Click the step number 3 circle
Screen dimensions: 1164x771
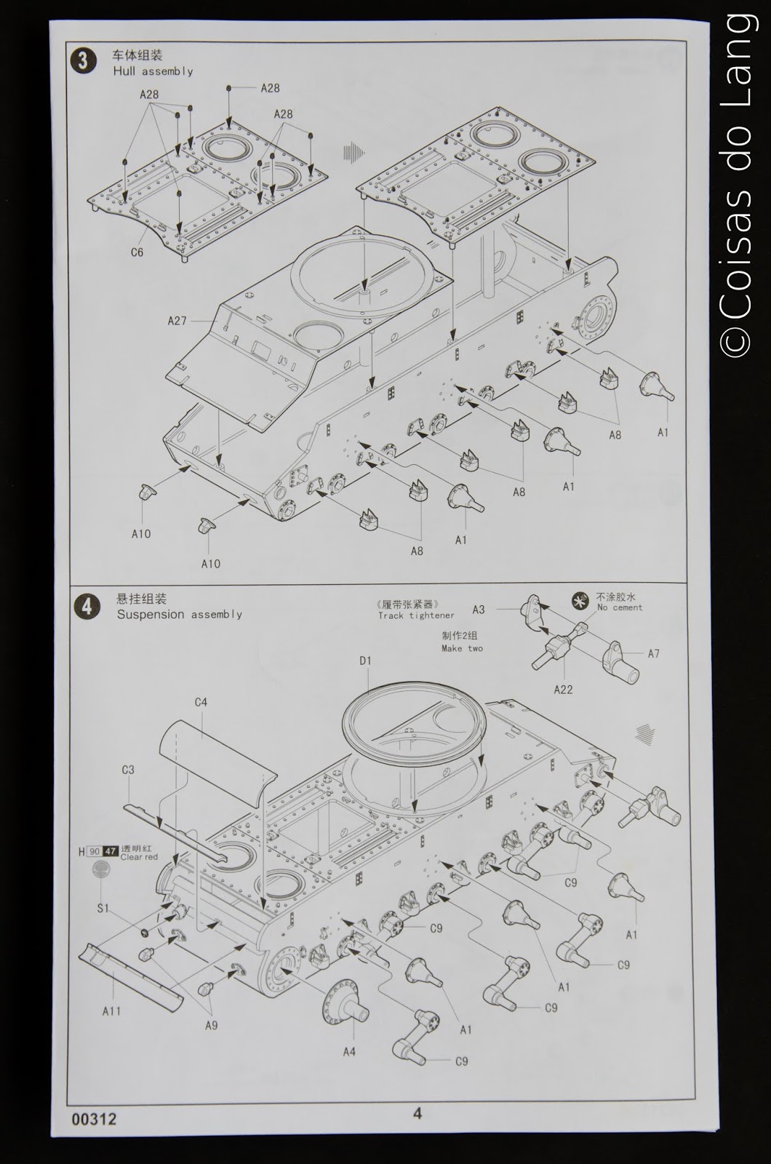click(x=83, y=61)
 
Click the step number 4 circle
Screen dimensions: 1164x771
click(x=87, y=606)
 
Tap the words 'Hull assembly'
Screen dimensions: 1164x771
click(x=153, y=71)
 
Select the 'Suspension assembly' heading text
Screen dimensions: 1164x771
click(x=179, y=615)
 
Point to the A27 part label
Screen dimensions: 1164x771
click(x=177, y=321)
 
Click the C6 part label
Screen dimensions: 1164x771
click(x=137, y=252)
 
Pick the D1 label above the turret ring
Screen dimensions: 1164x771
click(x=365, y=661)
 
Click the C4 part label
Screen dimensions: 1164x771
click(x=201, y=702)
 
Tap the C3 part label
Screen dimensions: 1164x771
click(x=128, y=770)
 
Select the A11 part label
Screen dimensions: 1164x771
click(x=111, y=1011)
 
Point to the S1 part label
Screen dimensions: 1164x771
click(x=103, y=908)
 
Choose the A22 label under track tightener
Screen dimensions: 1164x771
click(x=563, y=690)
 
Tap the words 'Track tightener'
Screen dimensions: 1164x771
click(x=415, y=615)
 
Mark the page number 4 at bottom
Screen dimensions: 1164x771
click(x=417, y=1113)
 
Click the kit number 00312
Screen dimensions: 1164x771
click(x=94, y=1120)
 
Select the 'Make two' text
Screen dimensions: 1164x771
click(x=462, y=648)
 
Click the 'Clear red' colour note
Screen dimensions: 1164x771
click(x=138, y=857)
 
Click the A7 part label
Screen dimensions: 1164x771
click(x=653, y=653)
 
